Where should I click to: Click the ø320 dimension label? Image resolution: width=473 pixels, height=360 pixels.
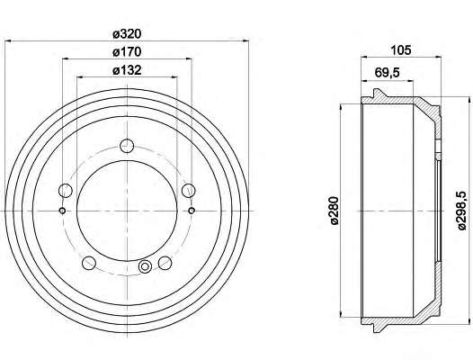(x=127, y=34)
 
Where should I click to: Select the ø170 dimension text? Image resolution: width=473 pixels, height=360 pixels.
(x=127, y=52)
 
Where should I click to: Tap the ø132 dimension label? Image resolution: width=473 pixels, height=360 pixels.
(x=127, y=70)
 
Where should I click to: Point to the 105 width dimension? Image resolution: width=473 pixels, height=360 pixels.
(x=401, y=50)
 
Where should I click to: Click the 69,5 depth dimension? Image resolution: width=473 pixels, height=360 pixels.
(x=387, y=73)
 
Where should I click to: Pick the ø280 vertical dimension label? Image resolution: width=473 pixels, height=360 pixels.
(x=335, y=211)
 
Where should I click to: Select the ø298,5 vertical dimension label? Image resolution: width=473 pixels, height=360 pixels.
(x=462, y=211)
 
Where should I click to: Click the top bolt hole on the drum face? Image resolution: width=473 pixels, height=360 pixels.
(x=127, y=146)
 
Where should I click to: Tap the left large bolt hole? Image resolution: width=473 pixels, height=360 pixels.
(x=65, y=191)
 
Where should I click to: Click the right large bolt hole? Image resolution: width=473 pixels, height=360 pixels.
(x=189, y=191)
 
